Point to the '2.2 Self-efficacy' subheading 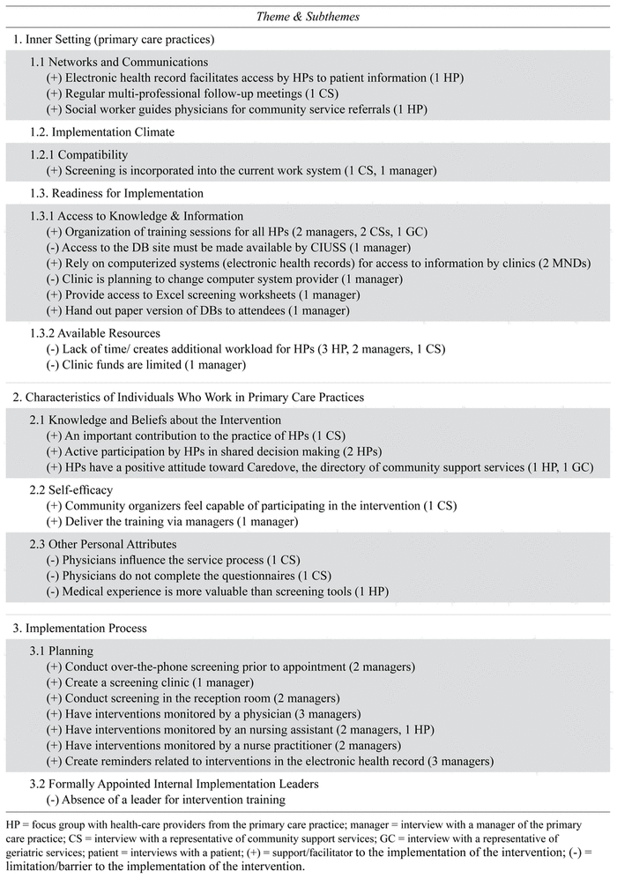coord(73,489)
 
